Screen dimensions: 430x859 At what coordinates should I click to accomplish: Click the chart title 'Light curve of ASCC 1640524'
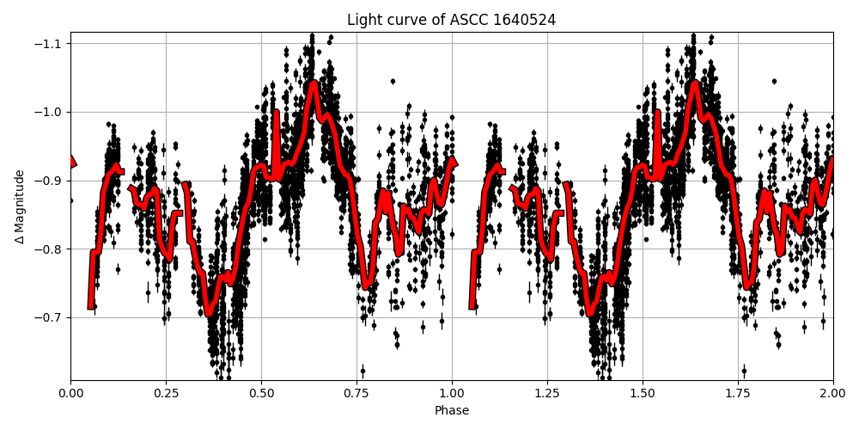[x=451, y=20]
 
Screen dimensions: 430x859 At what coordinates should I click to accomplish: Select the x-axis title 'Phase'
[x=451, y=411]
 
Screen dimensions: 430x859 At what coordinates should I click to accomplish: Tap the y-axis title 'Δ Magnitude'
[x=20, y=206]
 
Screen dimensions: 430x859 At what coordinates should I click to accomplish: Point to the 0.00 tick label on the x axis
[x=70, y=393]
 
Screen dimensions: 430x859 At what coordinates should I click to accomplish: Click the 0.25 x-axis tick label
[x=166, y=393]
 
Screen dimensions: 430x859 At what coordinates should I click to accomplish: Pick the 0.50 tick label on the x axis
[x=261, y=393]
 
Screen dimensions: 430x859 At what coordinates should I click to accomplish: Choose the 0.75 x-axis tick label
[x=356, y=393]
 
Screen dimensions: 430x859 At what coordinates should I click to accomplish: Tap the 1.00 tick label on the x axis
[x=452, y=393]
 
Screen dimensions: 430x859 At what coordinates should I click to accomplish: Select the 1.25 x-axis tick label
[x=547, y=393]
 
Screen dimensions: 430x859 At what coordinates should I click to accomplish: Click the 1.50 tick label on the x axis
[x=643, y=393]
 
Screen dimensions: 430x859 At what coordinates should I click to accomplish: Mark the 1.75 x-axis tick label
[x=738, y=393]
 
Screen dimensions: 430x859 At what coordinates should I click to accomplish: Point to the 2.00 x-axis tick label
[x=832, y=393]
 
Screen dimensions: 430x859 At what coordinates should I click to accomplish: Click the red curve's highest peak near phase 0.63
[x=313, y=84]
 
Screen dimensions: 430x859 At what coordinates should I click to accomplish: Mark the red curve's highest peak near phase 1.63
[x=694, y=84]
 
